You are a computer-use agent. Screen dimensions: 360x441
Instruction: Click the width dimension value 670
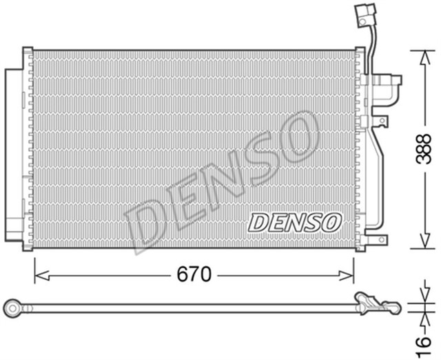click(x=194, y=275)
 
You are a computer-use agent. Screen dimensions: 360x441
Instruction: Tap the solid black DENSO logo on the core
click(x=294, y=222)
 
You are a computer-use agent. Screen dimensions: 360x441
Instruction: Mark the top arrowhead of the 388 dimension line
click(x=422, y=55)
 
